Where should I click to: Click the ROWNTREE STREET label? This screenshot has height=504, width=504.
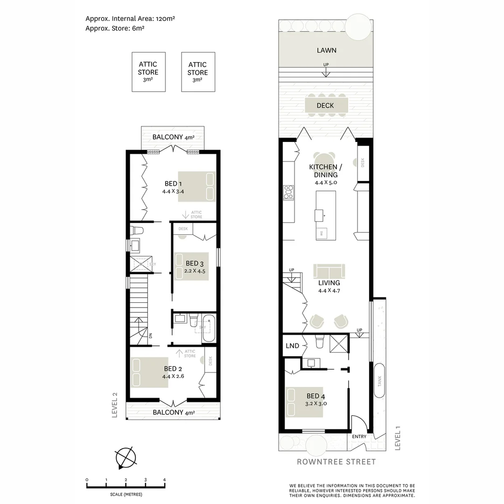336,462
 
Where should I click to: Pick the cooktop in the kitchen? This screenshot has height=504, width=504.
289,192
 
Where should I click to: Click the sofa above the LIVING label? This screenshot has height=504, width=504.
329,271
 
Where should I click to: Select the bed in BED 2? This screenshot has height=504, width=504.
149,372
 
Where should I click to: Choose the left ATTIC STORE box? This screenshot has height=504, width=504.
148,71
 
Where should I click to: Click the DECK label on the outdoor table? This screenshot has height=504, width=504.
325,105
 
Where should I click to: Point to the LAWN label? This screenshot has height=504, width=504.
326,50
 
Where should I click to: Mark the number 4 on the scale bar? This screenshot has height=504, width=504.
164,480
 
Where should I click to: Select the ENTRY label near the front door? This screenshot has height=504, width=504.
359,437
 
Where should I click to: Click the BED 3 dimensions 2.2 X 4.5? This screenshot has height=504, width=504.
195,271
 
